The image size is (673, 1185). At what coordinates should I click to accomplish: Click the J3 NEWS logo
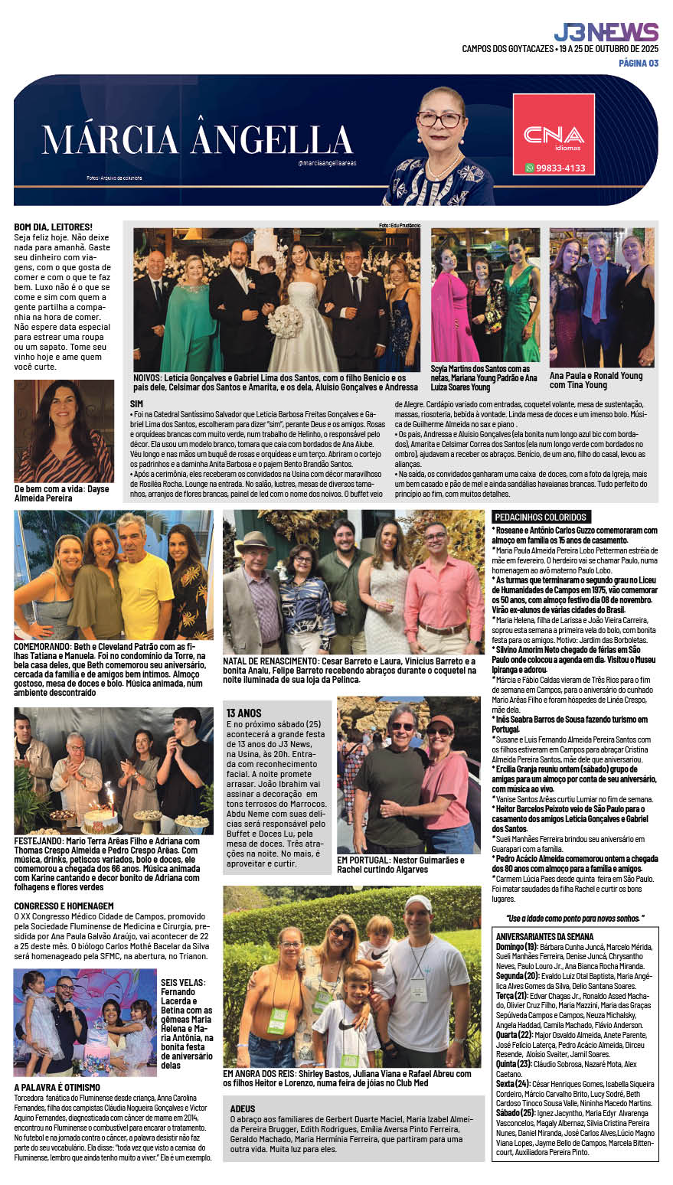click(x=606, y=32)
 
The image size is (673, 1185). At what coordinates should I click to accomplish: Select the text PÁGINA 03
click(x=638, y=64)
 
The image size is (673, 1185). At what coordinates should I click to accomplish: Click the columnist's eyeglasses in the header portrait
click(x=440, y=119)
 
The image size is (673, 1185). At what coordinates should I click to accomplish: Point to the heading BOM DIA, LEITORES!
click(x=53, y=227)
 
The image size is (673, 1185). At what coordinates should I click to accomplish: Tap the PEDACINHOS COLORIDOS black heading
click(x=541, y=517)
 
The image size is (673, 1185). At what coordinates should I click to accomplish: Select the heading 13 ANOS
click(x=243, y=713)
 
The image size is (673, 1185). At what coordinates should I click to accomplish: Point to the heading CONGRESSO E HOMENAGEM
click(x=64, y=906)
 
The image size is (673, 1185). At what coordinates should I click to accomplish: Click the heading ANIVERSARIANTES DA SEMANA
click(x=544, y=936)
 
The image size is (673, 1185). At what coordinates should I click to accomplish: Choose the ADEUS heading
click(x=243, y=1108)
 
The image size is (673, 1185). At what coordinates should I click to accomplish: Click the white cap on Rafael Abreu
click(x=418, y=903)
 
